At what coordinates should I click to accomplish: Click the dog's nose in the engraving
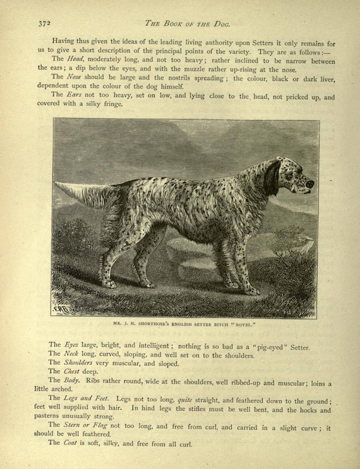click(x=309, y=183)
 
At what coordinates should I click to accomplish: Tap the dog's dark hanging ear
click(x=272, y=178)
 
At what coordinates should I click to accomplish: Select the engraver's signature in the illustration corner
click(x=65, y=308)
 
